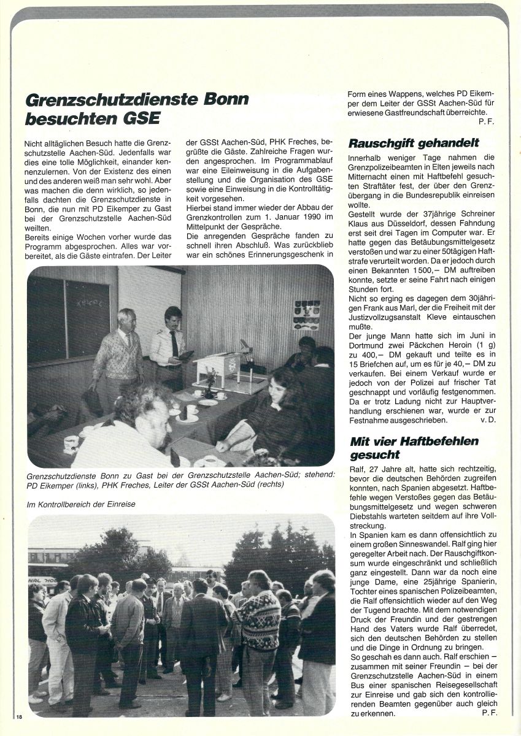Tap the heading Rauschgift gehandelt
tap(414, 144)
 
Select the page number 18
tap(20, 718)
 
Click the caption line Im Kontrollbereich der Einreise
tap(81, 504)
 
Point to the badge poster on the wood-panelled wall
tap(306, 314)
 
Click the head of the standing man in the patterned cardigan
tap(126, 318)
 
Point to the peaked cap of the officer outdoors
tap(150, 580)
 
